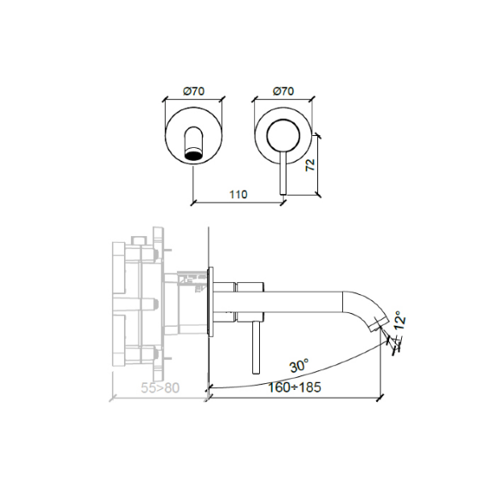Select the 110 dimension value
pos(238,194)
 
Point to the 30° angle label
pos(298,365)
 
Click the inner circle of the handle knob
pos(282,135)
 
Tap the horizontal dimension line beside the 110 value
pos(214,203)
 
